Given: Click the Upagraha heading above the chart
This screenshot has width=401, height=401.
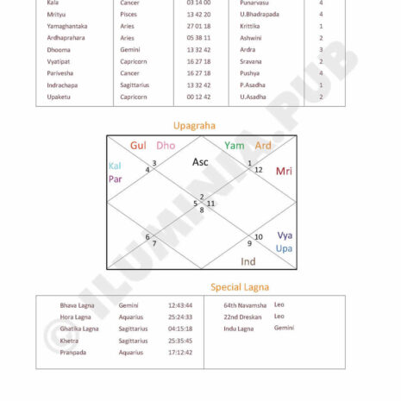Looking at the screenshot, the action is click(x=194, y=125).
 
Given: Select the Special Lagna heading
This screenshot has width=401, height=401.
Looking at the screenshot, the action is click(x=240, y=286).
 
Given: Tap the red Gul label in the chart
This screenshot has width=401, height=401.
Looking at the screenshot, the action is click(x=138, y=146).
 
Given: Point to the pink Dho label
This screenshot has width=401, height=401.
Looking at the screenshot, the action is click(x=166, y=146).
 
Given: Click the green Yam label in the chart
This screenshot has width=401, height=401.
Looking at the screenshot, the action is click(x=234, y=146).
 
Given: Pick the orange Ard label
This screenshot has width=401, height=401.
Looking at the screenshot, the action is click(x=263, y=146).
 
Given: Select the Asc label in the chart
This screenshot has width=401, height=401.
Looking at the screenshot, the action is click(x=200, y=161).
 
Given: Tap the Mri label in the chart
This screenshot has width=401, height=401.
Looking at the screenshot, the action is click(x=284, y=171).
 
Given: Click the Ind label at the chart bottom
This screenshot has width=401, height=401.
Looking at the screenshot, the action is click(x=248, y=261).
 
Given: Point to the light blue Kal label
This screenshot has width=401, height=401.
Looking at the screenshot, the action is click(x=115, y=166).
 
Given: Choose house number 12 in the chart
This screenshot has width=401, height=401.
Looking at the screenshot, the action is click(x=258, y=169).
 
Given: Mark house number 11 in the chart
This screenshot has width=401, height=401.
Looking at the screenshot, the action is click(x=210, y=204).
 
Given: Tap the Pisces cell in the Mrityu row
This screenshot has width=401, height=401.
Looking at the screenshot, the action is click(x=128, y=15).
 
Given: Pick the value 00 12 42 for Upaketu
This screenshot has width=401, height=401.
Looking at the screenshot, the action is click(x=199, y=97).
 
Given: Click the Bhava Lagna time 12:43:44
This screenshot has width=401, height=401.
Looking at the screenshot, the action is click(x=180, y=305).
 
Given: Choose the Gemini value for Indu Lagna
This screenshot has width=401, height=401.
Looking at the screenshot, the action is click(x=284, y=329).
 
